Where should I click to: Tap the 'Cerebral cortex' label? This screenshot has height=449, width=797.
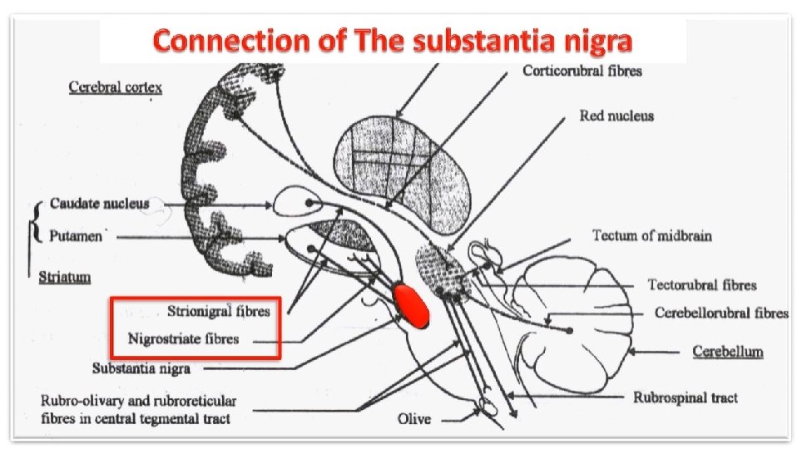tap(115, 86)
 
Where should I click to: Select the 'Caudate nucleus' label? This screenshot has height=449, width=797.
tap(99, 203)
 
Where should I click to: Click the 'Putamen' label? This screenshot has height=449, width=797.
tap(76, 235)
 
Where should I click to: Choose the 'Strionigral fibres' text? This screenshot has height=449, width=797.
tap(219, 312)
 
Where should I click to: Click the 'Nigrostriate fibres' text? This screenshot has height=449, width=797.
tap(183, 338)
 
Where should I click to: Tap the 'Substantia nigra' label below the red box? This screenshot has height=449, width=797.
tap(141, 367)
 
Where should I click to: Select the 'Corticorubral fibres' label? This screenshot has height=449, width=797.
tap(582, 71)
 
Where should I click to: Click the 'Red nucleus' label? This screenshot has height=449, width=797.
tap(616, 116)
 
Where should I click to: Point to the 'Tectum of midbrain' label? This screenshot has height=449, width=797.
tap(651, 235)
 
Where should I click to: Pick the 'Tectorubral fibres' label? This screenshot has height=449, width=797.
tap(702, 284)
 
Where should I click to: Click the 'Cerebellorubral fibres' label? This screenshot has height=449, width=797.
tap(721, 313)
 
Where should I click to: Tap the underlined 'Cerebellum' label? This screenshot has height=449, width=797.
tap(727, 352)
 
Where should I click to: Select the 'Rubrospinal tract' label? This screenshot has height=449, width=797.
tap(686, 397)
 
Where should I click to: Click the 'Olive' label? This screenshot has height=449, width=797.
tap(414, 418)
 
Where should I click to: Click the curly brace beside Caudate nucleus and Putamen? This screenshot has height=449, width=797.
tap(35, 221)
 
